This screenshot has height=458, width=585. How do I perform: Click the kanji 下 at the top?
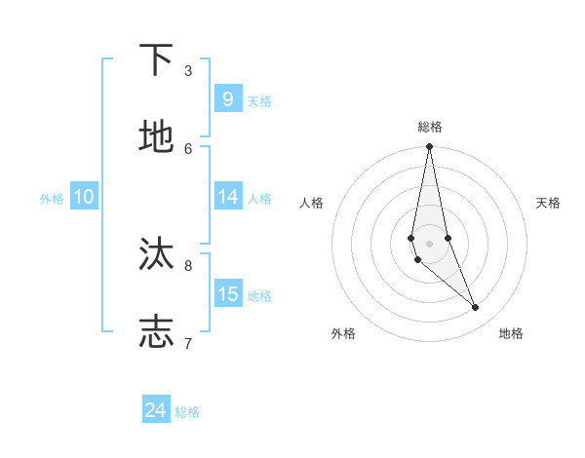pos(157,60)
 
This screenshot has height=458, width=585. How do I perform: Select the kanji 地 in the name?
pos(157,137)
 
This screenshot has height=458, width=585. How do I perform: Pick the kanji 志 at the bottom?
pos(157,331)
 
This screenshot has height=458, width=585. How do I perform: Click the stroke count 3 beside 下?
pos(188,70)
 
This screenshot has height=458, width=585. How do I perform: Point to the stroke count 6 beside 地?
pos(188,148)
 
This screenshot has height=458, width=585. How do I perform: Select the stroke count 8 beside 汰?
pos(188,264)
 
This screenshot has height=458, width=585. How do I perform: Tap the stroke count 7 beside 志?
pos(188,342)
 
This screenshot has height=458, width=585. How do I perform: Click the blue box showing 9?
pos(227,98)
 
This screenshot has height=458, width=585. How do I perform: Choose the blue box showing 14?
pos(227,197)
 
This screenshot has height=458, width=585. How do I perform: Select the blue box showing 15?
pos(227,294)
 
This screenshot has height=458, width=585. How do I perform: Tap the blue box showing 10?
pos(84,197)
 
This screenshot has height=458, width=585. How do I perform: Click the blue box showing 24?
pos(155,410)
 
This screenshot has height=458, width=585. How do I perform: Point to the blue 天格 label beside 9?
pos(259,101)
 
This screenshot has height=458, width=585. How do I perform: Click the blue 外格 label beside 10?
pos(52,199)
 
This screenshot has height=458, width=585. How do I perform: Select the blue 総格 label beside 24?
pos(187,412)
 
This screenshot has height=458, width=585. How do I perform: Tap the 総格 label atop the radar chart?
pos(430,127)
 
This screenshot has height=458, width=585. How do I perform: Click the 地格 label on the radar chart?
pos(511,334)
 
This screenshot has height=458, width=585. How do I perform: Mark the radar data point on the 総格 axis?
pos(429,147)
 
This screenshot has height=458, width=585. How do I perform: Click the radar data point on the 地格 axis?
pos(476,308)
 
